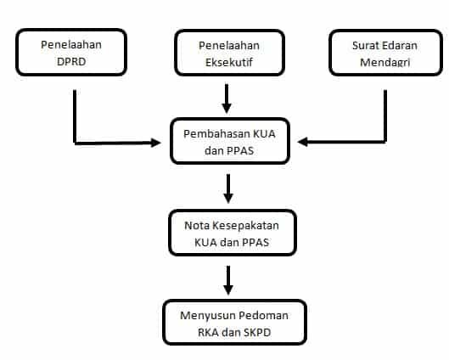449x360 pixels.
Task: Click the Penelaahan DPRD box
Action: (71, 52)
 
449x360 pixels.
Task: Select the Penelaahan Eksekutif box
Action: (227, 53)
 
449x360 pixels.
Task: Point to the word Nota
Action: (197, 224)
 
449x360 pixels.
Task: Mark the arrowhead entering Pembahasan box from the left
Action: (156, 142)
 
